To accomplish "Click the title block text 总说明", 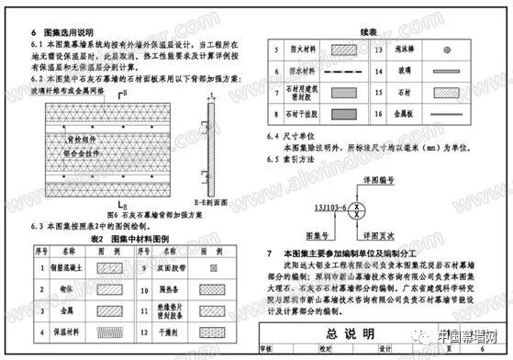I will [x=379, y=331].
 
